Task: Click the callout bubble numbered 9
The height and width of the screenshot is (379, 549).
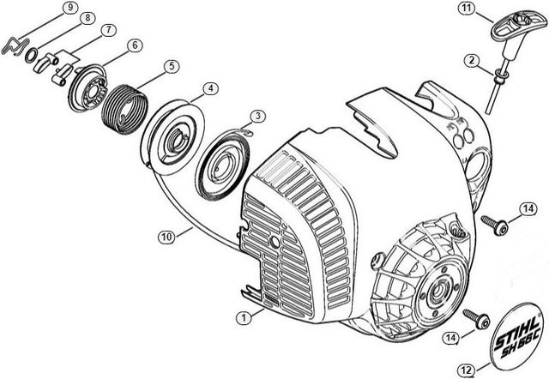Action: [70, 8]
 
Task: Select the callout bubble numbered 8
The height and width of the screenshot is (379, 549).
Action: [87, 17]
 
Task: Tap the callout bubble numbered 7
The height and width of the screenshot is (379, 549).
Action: [109, 30]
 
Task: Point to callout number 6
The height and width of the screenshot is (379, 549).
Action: [135, 45]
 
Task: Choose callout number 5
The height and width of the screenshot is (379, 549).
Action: [172, 66]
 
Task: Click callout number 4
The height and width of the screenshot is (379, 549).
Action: [210, 88]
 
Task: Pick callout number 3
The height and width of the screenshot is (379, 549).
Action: [258, 116]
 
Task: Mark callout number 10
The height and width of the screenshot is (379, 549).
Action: [166, 237]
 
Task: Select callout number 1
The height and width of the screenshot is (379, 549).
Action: [244, 318]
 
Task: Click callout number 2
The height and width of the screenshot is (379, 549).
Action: [472, 60]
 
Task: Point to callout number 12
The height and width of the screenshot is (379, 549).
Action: [467, 370]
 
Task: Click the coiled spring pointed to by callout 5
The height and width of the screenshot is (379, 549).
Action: [124, 109]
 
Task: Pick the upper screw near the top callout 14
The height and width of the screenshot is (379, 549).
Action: [495, 225]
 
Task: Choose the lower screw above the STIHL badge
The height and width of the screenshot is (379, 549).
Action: [477, 318]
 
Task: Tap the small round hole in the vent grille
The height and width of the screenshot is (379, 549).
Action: [274, 242]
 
